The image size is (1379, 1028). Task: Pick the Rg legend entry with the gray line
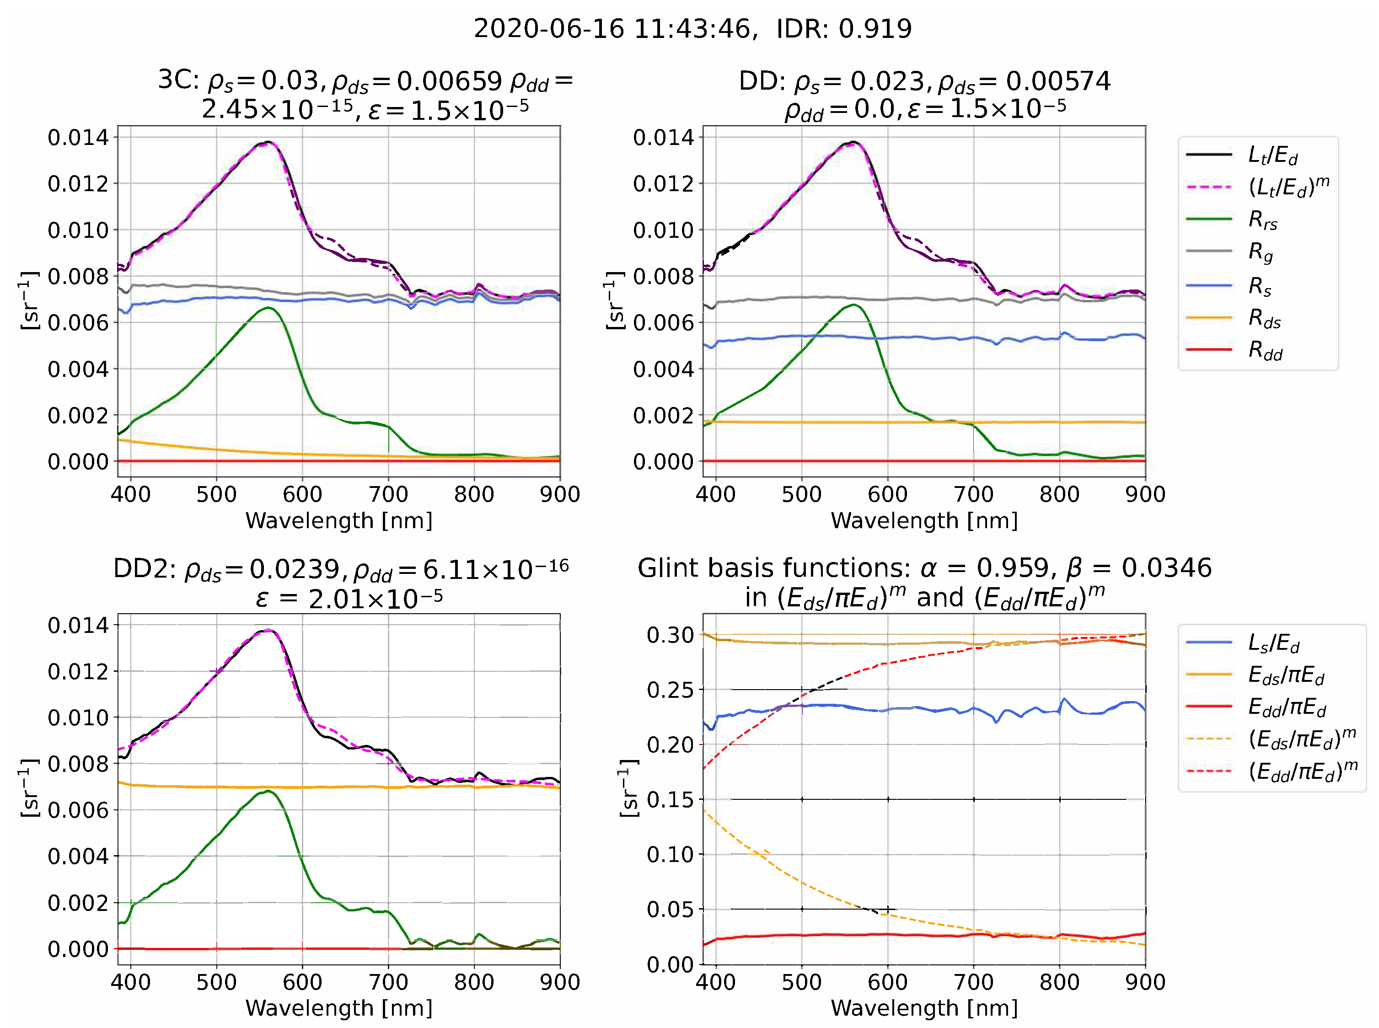tap(1261, 252)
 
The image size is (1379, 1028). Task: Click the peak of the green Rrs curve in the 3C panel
tap(268, 308)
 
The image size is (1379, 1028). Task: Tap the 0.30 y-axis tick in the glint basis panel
tap(670, 635)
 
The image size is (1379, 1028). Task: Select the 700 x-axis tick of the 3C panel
tap(388, 494)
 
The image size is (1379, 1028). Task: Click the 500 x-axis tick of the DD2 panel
tap(216, 982)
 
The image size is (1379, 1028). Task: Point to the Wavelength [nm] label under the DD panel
tap(924, 520)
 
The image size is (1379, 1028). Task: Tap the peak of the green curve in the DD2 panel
tap(268, 791)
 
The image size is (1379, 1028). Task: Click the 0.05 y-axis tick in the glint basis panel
tap(670, 909)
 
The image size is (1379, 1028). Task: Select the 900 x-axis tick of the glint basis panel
tap(1145, 982)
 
